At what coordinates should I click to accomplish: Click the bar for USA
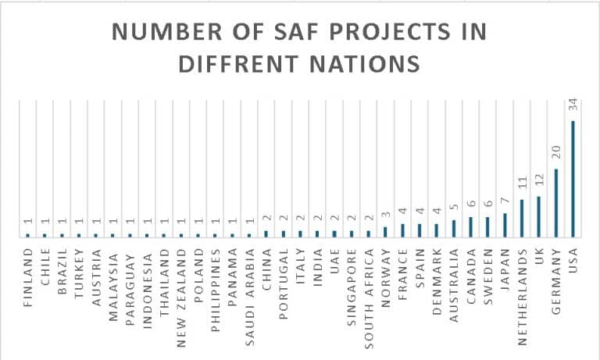[573, 179]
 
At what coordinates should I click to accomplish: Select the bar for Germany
[555, 203]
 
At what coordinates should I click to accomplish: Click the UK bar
[538, 216]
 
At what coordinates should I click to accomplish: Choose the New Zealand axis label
[181, 287]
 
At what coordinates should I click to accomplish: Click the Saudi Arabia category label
[250, 288]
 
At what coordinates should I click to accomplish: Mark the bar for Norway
[385, 232]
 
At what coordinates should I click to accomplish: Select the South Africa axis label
[369, 289]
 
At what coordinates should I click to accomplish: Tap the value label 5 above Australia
[453, 212]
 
